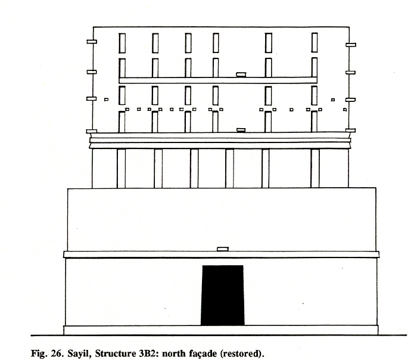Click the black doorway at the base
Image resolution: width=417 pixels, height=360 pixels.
point(222,295)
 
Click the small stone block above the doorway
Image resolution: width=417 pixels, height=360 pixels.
point(223,249)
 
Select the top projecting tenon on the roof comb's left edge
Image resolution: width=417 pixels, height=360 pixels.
point(92,42)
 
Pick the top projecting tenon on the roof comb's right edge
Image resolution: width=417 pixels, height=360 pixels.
point(351,45)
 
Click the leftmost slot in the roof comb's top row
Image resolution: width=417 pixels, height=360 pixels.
point(122,43)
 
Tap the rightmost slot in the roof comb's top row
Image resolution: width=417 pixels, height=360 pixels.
point(315,42)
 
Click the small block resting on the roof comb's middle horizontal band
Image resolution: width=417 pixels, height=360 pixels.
point(241,75)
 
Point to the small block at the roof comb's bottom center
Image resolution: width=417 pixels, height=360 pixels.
point(241,130)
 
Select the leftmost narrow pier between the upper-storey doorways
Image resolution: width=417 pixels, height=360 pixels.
point(122,169)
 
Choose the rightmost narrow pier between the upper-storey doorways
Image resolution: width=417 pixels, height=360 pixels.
point(315,169)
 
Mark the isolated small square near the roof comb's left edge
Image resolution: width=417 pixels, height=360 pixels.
point(107,100)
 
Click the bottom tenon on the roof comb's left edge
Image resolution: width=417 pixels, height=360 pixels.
point(92,131)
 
